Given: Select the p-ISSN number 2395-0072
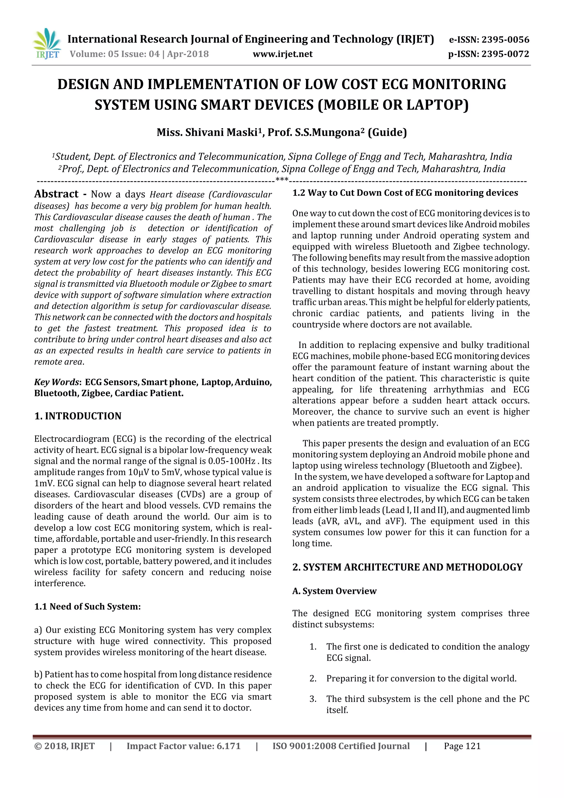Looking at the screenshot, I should pos(505,54).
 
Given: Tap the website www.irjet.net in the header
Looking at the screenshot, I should pos(283,54).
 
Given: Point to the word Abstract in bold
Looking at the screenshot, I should pos(56,194).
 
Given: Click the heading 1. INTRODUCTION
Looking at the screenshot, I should pos(78,416).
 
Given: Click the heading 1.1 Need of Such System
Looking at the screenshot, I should pos(87,607).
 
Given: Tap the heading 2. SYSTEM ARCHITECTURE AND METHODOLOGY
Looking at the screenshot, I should pos(407,567).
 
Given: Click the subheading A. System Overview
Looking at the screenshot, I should pos(334,591).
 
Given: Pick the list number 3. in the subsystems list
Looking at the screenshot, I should pos(313,699).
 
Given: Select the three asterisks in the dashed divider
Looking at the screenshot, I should pos(282,180).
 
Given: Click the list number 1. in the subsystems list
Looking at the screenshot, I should pos(313,647).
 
